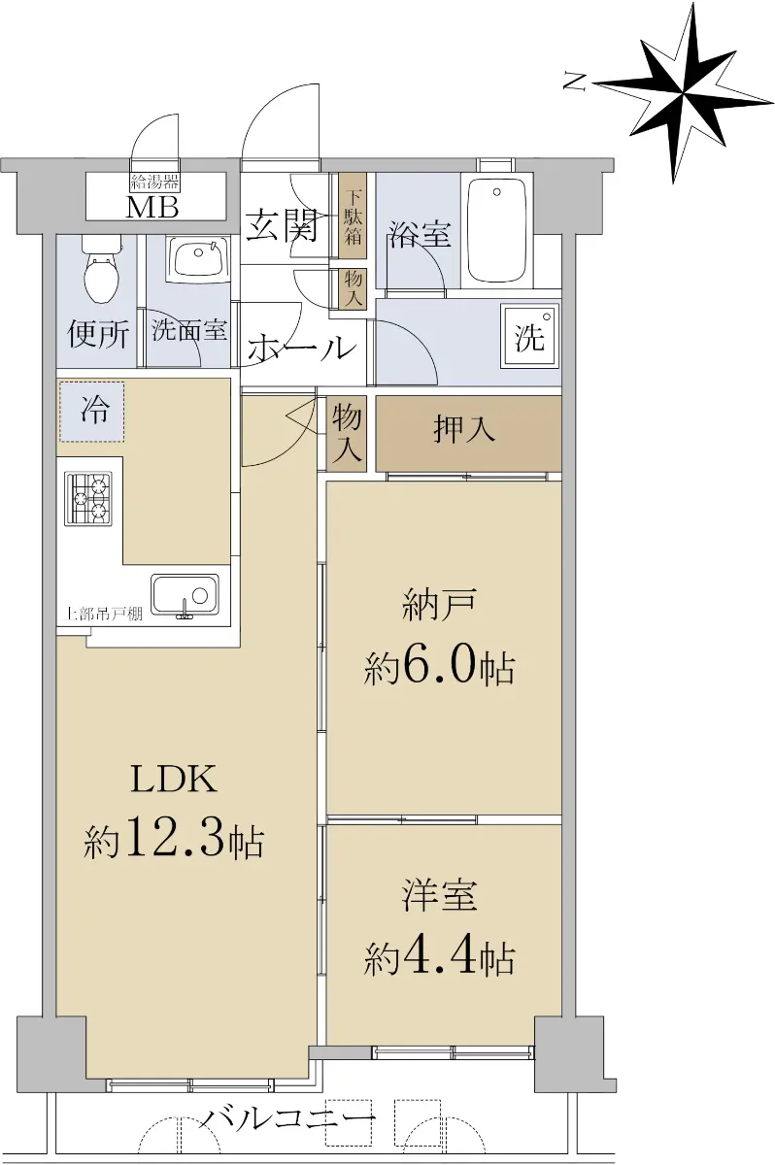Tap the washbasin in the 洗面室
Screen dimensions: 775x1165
[x=199, y=258]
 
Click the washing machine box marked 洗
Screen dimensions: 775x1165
[x=529, y=337]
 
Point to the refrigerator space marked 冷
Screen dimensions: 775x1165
[x=92, y=412]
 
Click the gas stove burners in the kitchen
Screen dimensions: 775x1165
[x=88, y=499]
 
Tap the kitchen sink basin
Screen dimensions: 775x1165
[x=185, y=594]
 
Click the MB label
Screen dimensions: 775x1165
[x=152, y=207]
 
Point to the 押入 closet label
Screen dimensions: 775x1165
[x=463, y=429]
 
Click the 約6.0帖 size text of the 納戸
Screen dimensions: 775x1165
[x=440, y=666]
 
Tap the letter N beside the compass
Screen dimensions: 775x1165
[x=575, y=83]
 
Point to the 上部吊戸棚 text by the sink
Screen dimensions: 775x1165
[x=104, y=615]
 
